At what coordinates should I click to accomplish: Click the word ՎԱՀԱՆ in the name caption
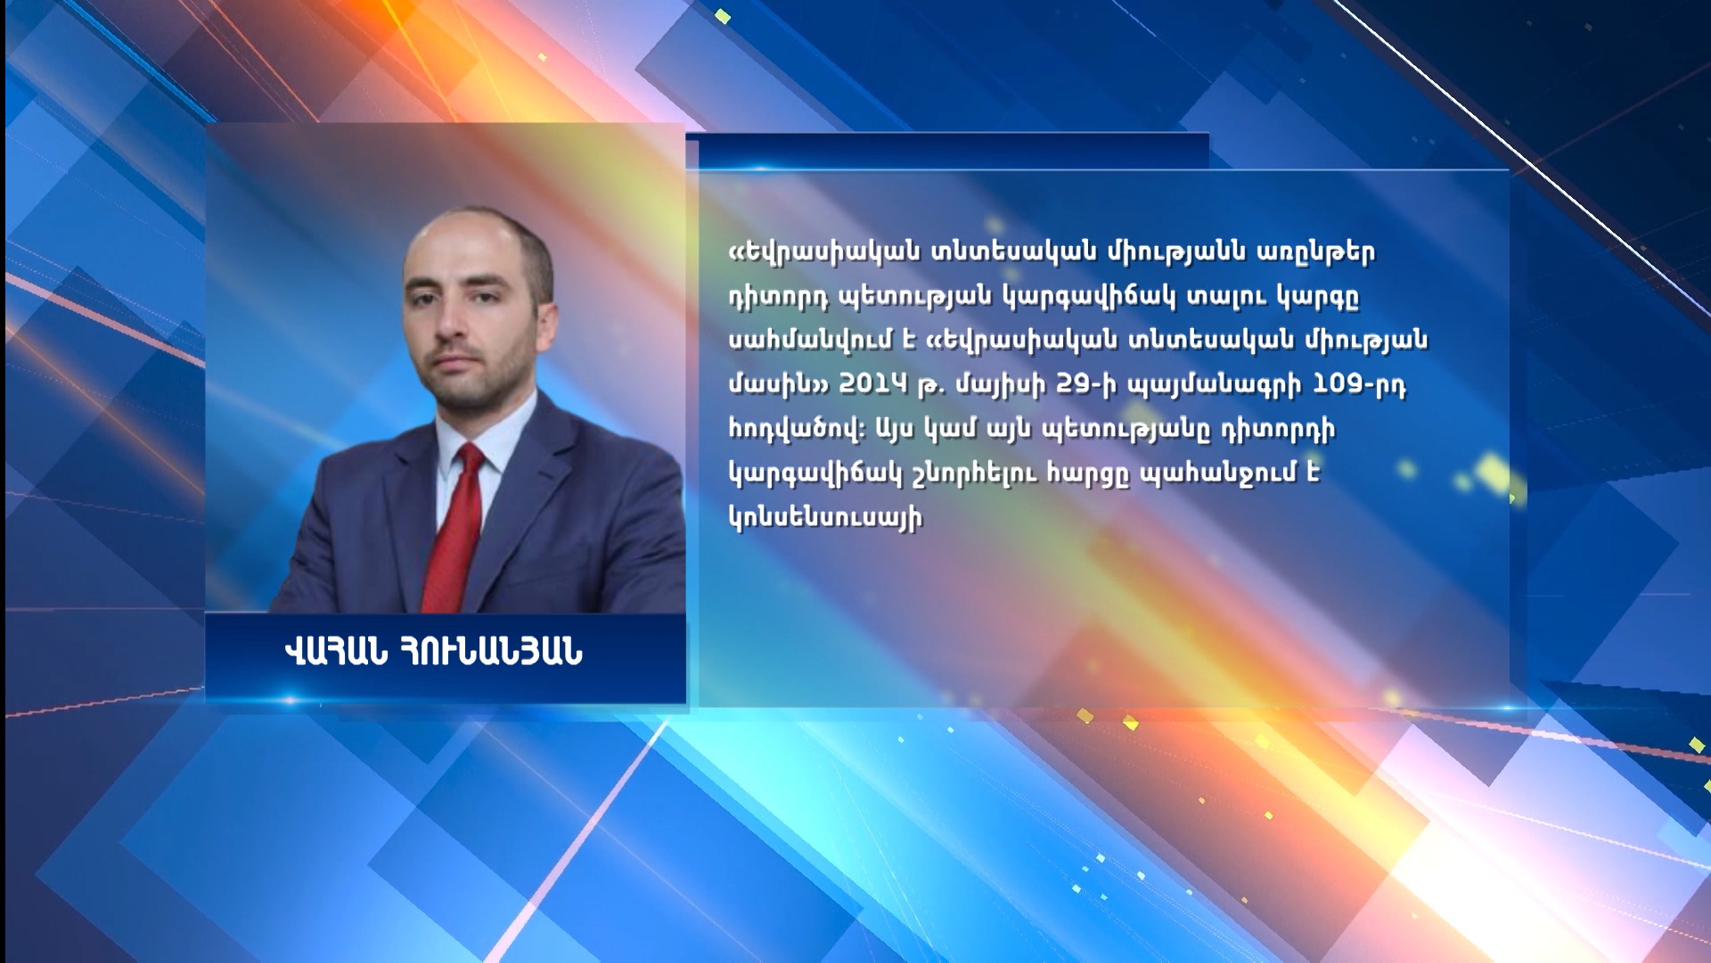pos(336,654)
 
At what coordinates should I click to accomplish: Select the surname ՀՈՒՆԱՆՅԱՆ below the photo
pos(493,654)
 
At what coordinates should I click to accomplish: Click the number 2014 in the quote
pos(872,384)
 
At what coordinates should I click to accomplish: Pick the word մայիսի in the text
pos(997,386)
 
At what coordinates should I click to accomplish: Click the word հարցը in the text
pos(1092,474)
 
